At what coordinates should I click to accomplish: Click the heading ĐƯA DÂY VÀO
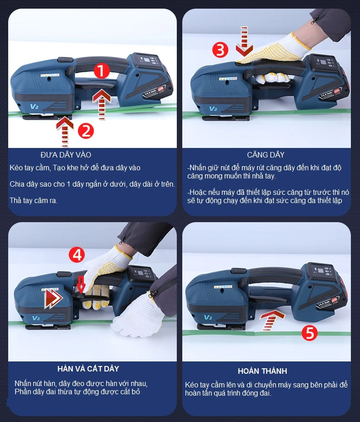coord(66,155)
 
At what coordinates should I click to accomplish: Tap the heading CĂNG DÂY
coord(266,155)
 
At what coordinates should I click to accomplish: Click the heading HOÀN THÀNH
coord(262,371)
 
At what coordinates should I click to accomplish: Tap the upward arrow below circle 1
coord(102,102)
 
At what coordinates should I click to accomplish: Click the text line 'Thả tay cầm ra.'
coord(34,200)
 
